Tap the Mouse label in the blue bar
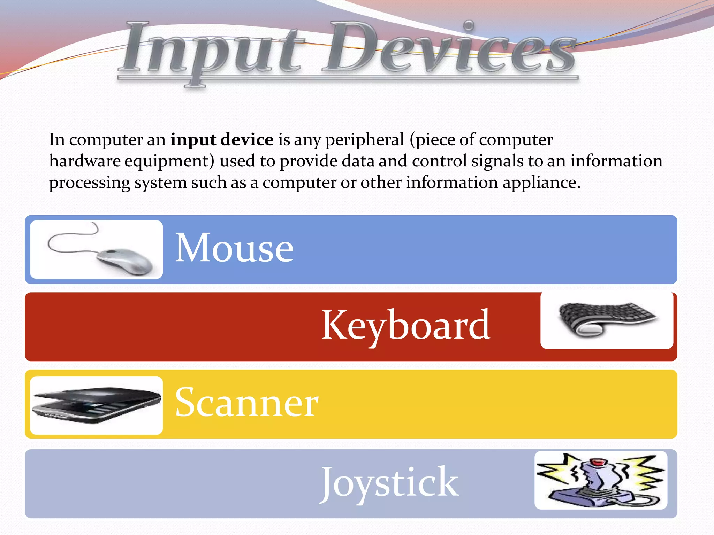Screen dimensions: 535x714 [x=234, y=248]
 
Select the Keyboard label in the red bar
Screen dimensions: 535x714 [x=405, y=326]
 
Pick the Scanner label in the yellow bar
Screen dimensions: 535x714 [x=246, y=403]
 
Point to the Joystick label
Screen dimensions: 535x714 [x=389, y=482]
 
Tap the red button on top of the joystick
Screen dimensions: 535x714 [x=597, y=462]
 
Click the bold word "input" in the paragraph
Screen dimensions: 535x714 [x=193, y=140]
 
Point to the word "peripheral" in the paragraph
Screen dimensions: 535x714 [x=365, y=140]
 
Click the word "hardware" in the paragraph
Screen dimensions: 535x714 [x=85, y=161]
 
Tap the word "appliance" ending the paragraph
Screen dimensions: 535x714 [x=541, y=183]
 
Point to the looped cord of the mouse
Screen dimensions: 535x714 [x=70, y=240]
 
